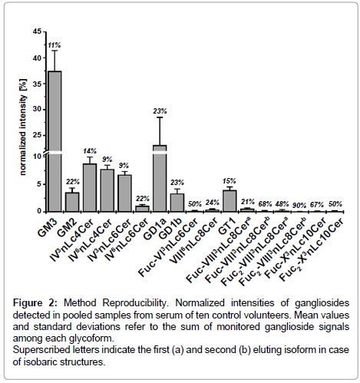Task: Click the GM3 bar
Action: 54,141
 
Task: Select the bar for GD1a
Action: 160,179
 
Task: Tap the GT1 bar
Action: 230,201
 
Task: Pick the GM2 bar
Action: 72,202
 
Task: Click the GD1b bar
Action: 177,203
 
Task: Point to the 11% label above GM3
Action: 54,45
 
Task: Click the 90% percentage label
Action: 299,205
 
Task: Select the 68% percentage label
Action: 265,204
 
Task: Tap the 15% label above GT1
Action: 229,181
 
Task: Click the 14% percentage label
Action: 90,151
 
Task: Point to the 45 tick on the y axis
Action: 37,31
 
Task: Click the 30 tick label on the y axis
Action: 37,109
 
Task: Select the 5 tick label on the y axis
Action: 39,184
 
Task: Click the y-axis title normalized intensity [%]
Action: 23,127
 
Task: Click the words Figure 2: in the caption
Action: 36,303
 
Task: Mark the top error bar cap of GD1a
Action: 160,117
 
